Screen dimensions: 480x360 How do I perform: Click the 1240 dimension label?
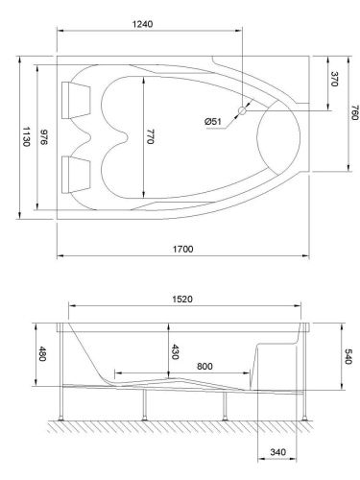point(147,22)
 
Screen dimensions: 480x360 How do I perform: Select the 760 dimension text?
point(353,114)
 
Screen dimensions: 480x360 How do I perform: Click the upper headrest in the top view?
point(74,94)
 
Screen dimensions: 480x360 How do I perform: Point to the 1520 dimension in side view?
point(183,299)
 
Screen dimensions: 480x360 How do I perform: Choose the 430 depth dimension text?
point(174,351)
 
